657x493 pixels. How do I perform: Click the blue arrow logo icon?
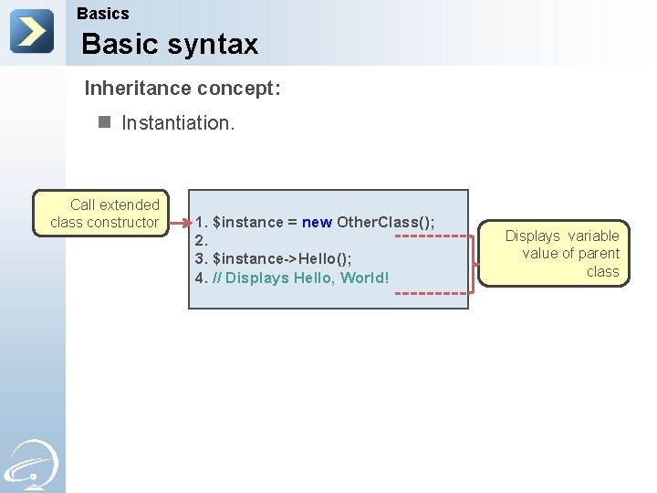(31, 31)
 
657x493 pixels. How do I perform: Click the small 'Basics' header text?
(103, 14)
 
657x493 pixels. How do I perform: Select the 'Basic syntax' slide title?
(170, 44)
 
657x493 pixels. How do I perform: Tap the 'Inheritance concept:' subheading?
(182, 89)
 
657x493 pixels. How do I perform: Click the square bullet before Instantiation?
(104, 121)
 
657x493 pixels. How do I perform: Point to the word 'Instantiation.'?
(178, 122)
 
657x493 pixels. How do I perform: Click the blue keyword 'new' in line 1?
(317, 223)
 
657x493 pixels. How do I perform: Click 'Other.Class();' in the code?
(386, 223)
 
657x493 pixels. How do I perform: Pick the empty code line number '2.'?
(203, 241)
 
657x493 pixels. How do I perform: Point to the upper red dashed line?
(433, 235)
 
